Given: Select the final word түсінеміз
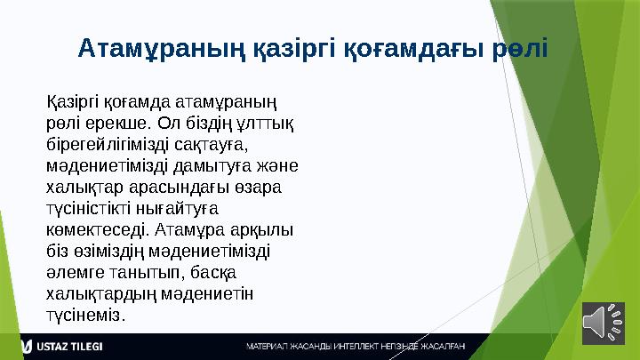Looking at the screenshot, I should [84, 315].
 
